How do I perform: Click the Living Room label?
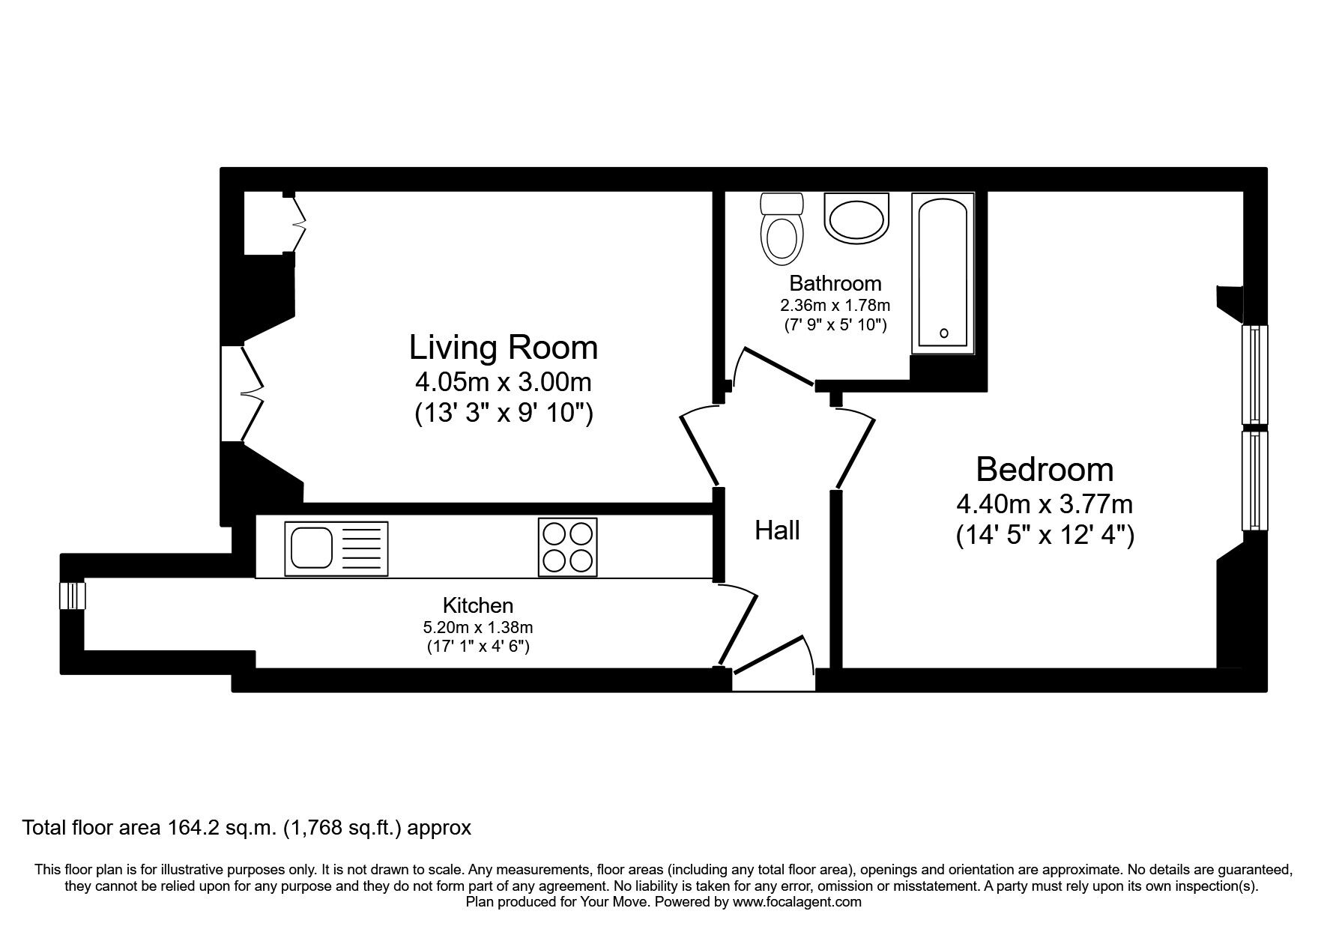click(504, 348)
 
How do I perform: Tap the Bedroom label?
click(1045, 470)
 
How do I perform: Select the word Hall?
click(777, 530)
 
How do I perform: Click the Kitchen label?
click(478, 605)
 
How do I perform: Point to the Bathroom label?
click(835, 283)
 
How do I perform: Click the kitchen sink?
click(337, 548)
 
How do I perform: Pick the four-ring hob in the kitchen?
click(568, 548)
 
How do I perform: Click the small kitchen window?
click(73, 596)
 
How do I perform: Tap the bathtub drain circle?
click(944, 333)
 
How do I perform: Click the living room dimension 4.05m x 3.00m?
click(504, 382)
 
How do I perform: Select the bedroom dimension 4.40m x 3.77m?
click(1045, 503)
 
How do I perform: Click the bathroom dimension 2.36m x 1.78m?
click(835, 306)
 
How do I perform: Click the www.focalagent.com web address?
click(796, 902)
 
